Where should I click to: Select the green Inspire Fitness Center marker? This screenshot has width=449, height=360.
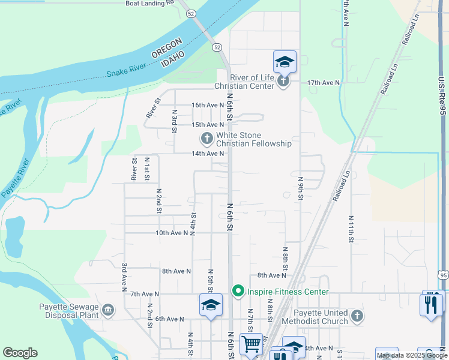[238, 292]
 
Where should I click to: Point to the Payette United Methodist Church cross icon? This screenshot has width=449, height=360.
[357, 316]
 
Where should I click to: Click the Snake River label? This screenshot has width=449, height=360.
[127, 70]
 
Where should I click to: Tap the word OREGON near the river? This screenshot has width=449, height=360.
[166, 49]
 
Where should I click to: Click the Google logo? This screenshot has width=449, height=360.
[20, 353]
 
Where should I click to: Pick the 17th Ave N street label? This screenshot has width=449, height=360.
[324, 82]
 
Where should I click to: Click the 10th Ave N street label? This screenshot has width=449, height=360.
[172, 233]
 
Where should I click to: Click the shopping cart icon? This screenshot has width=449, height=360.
[251, 344]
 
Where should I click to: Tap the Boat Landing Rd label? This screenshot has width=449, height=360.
[149, 3]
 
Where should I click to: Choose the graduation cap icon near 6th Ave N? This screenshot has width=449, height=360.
[211, 304]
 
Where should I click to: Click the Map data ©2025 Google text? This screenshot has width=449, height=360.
[411, 355]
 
